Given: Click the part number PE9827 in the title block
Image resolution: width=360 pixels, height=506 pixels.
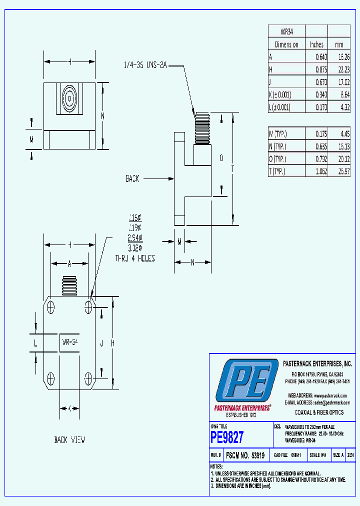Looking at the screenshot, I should click(227, 437).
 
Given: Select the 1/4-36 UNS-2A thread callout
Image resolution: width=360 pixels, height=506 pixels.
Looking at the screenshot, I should click(144, 65).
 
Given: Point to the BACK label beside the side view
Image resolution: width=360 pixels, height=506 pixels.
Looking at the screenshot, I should click(132, 178).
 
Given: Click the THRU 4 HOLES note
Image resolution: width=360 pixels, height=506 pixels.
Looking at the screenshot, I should click(134, 258).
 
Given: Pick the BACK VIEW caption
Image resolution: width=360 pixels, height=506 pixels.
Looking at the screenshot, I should click(69, 440).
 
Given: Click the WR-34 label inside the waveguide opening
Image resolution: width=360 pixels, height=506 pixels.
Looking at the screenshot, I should click(70, 342).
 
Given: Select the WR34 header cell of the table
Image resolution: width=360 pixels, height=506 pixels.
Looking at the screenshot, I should click(286, 31).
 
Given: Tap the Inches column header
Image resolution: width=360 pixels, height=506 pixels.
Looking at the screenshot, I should click(316, 44).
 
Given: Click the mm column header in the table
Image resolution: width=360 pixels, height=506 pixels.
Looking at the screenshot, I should click(339, 44).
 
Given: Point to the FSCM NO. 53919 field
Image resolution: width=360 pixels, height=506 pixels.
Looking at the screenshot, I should click(245, 455).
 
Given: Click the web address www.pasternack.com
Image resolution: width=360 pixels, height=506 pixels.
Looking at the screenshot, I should click(329, 395).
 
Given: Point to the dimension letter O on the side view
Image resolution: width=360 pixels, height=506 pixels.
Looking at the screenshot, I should click(221, 158).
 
